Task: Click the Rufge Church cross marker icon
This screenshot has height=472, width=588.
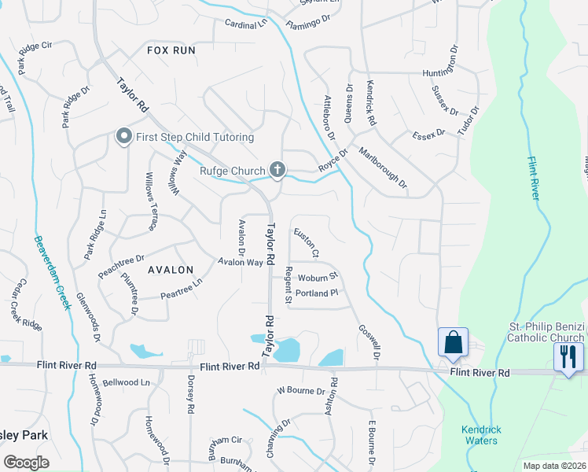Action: (x=277, y=168)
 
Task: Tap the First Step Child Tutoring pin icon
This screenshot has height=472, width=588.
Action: (x=123, y=137)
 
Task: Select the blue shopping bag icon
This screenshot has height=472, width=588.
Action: (x=453, y=343)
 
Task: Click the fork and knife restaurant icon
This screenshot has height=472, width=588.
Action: (x=568, y=356)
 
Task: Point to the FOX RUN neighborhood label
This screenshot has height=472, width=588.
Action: (x=171, y=50)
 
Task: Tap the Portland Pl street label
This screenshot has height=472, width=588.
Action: (x=317, y=293)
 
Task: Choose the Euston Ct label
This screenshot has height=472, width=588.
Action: (x=306, y=243)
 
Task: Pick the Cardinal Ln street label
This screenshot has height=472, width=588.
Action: (x=246, y=24)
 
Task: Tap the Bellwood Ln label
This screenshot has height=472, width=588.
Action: (x=126, y=382)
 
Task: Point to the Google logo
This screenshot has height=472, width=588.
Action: (x=27, y=462)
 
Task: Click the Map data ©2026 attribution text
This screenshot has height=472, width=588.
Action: (x=553, y=466)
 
